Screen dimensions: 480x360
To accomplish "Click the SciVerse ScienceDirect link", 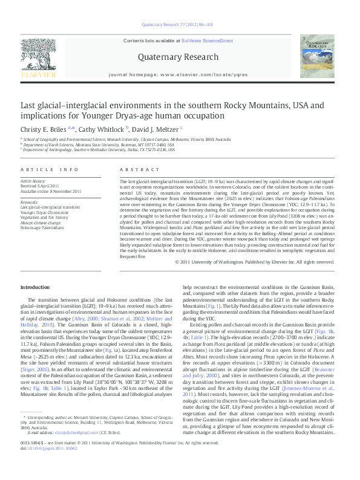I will pyautogui.click(x=209, y=41).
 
